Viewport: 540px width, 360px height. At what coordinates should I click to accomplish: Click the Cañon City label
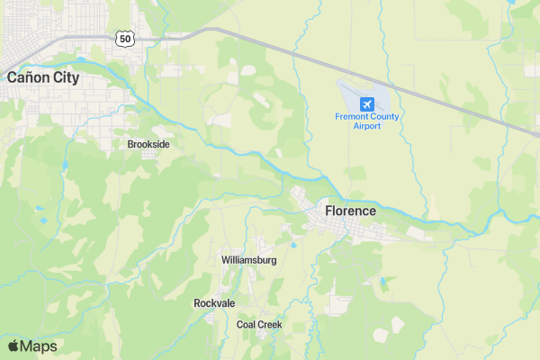pos(43,77)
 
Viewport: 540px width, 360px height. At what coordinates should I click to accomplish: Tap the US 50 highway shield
pos(125,38)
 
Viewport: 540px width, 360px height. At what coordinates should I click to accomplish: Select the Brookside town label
pos(148,144)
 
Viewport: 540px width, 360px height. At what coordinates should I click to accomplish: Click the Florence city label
pos(350,211)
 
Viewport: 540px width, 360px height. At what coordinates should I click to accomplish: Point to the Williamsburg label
pos(249,260)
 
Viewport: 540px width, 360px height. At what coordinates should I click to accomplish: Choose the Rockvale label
pos(214,303)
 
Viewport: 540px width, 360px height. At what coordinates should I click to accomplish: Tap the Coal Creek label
pos(259,324)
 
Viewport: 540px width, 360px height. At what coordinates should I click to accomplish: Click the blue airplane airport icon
pos(366,103)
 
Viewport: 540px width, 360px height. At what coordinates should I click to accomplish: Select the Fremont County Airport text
pos(366,121)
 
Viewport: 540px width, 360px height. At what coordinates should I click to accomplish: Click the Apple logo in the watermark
pos(13,346)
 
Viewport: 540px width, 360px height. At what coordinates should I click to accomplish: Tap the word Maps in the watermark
pos(39,346)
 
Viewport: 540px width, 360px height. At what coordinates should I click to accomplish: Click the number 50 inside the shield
pos(125,38)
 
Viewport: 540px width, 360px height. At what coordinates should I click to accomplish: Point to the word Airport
pos(366,126)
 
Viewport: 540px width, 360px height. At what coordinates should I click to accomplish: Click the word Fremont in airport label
pos(352,116)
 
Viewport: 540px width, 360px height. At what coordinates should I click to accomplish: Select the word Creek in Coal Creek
pos(270,324)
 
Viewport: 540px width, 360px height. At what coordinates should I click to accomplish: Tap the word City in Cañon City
pos(65,77)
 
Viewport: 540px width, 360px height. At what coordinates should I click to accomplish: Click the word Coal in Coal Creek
pos(247,324)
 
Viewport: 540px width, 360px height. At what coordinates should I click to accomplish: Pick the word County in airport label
pos(385,116)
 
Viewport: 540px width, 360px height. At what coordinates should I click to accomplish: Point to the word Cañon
pos(27,77)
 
